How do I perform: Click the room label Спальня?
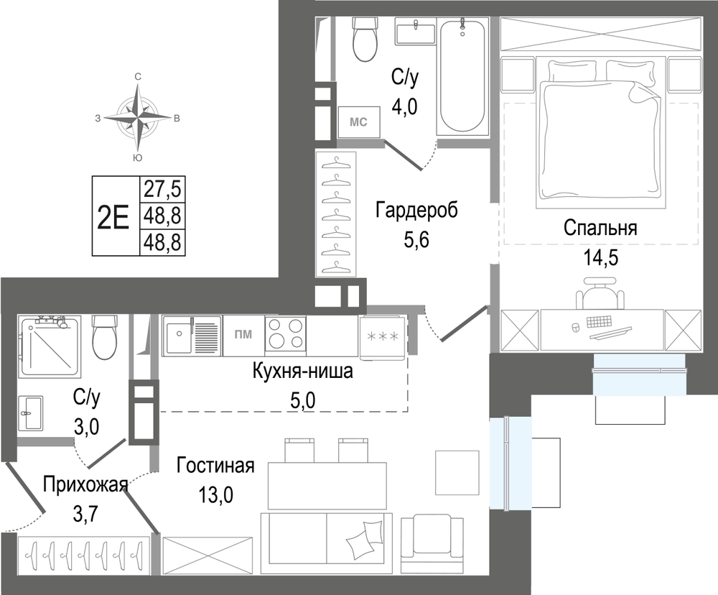point(600,228)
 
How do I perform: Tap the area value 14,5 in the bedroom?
point(600,258)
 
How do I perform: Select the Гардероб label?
point(416,211)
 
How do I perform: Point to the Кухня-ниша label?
point(303,372)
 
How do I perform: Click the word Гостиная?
point(215,466)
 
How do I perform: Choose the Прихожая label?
point(85,484)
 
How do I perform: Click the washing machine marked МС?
point(359,122)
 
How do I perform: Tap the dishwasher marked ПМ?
point(243,336)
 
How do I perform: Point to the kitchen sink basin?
point(179,336)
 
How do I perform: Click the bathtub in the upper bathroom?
point(462,76)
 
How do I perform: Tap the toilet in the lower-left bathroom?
point(104,337)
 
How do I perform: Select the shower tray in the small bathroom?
point(50,346)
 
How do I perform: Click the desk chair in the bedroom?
point(600,294)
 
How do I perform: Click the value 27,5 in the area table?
point(162,189)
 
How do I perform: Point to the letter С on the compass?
point(137,77)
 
